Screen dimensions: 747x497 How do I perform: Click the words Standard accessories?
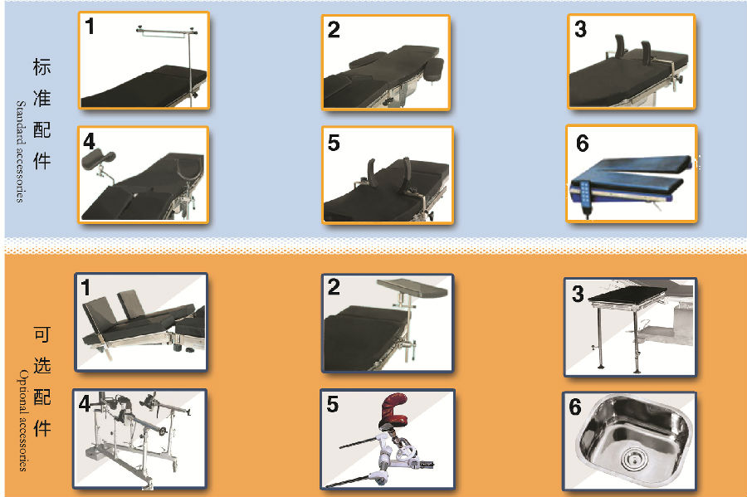[x=20, y=151]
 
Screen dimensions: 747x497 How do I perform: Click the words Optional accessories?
[x=22, y=420]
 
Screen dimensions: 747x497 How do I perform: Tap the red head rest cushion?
[x=395, y=408]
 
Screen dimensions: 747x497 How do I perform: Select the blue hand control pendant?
[x=584, y=197]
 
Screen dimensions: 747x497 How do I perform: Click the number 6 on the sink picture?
[x=575, y=407]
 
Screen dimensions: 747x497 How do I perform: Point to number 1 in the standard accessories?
[x=89, y=27]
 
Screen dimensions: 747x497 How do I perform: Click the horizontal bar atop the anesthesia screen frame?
[x=166, y=32]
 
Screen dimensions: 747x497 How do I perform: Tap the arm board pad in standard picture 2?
[x=434, y=67]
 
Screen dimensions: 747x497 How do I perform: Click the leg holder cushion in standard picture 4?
[x=98, y=158]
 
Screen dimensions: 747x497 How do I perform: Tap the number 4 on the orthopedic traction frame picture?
[x=85, y=403]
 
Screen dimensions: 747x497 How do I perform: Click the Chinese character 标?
[x=42, y=66]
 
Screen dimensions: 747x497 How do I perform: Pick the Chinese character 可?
[x=42, y=334]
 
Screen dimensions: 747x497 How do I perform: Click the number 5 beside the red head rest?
[x=333, y=404]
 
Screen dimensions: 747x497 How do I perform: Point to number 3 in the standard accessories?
[x=580, y=29]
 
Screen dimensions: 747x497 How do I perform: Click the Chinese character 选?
[x=42, y=366]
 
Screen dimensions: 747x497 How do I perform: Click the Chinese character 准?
[x=42, y=98]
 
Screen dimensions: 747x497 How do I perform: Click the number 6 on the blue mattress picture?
[x=582, y=144]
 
